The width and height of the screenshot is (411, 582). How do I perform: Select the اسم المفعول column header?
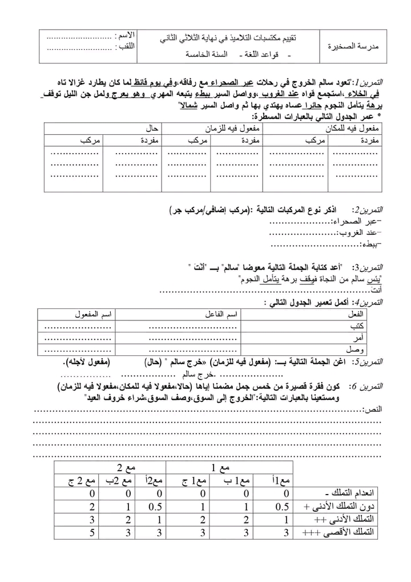94,315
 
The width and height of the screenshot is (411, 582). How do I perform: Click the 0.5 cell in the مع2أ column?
155,507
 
